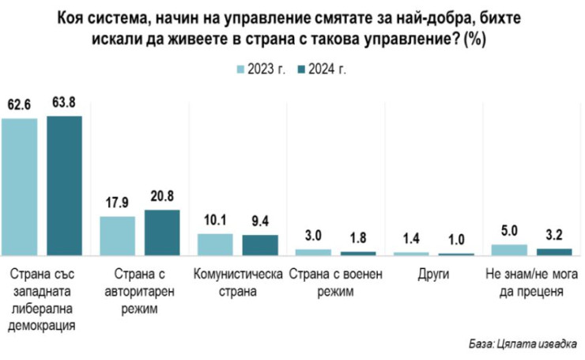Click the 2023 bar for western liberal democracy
19,186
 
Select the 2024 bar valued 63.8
64,185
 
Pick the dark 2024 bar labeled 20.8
162,232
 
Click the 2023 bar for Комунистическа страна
215,244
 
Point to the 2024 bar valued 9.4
260,244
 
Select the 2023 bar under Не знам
508,249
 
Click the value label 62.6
19,104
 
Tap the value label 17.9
117,203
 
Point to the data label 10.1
215,221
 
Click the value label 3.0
313,237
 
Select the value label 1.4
411,240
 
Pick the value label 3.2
553,236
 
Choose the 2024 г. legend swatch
301,69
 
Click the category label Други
432,275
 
